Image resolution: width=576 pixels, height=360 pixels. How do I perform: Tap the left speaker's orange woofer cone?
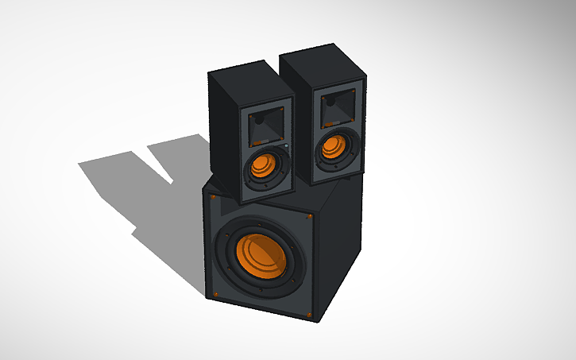[262, 167]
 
